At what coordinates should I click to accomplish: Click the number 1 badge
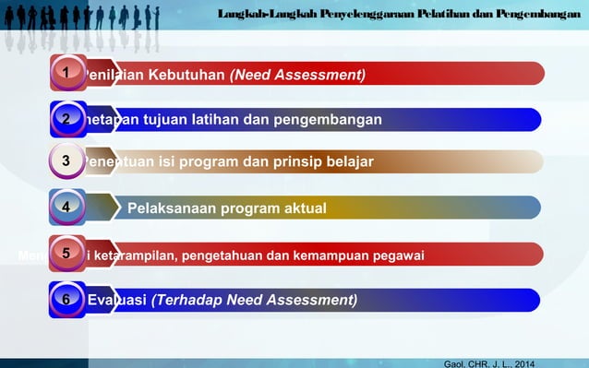[66, 72]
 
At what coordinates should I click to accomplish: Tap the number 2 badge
[66, 118]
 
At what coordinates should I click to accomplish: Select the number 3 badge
[66, 161]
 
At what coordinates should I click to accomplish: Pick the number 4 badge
[66, 208]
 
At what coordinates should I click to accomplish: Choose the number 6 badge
[66, 299]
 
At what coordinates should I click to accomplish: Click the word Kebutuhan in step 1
[187, 74]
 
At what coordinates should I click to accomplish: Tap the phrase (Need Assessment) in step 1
[297, 74]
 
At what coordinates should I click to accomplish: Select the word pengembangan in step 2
[331, 119]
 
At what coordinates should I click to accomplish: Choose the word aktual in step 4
[302, 208]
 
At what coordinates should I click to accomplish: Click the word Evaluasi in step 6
[116, 300]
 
